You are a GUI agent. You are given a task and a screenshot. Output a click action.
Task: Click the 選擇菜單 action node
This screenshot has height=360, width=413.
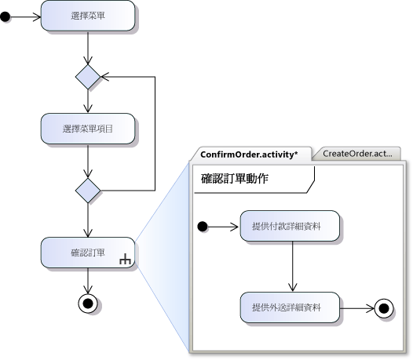tap(88, 16)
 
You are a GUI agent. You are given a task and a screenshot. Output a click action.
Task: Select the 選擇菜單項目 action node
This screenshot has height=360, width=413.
tap(88, 129)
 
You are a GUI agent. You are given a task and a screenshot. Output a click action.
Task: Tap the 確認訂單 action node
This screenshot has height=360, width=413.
tap(88, 253)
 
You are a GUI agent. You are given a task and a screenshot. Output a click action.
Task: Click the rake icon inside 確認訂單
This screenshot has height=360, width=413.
tap(125, 259)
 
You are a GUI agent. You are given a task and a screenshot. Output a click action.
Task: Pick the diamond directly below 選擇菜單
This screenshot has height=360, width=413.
tap(88, 77)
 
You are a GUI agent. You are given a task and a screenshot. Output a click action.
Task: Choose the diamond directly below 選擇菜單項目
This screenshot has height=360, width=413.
tap(88, 191)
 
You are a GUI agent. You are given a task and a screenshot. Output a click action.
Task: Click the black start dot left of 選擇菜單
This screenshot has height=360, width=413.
tap(5, 17)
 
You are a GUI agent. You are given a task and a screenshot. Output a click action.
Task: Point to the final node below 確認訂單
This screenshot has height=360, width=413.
tap(88, 304)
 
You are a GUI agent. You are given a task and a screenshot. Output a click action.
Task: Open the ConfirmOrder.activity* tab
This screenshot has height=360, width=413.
tap(249, 155)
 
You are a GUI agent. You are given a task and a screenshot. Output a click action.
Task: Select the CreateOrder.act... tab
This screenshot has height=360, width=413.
tap(357, 154)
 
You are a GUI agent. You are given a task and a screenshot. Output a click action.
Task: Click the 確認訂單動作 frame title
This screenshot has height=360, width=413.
tap(235, 179)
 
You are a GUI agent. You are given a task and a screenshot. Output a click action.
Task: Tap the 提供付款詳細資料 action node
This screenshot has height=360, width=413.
tap(290, 226)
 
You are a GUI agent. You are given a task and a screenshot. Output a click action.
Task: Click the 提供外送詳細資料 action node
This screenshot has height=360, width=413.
tap(290, 307)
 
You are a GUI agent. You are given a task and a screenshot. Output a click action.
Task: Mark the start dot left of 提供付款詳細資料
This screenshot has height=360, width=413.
tap(203, 227)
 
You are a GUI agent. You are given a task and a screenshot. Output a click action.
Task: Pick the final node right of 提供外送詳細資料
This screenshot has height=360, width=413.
tap(384, 308)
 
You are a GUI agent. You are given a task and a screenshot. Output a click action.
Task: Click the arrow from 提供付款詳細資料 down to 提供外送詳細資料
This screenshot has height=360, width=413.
tap(293, 267)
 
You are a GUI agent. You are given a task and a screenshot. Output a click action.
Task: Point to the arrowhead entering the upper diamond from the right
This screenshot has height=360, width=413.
tap(105, 77)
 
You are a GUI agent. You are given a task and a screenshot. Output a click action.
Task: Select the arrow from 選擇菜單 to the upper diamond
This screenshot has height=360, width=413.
tap(88, 48)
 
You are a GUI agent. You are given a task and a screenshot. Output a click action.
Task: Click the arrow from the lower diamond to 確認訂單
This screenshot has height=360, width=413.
tap(88, 220)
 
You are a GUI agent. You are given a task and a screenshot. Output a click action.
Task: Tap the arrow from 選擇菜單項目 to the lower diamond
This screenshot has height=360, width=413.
tap(88, 161)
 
